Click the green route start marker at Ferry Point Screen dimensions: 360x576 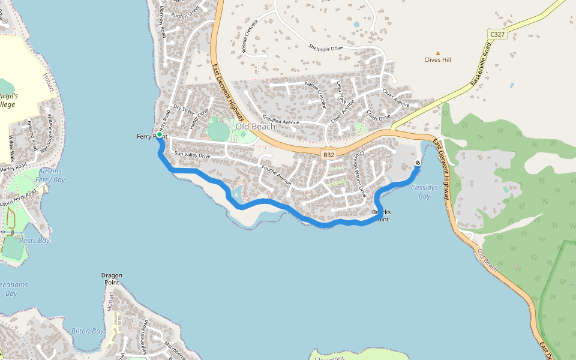(x=160, y=135)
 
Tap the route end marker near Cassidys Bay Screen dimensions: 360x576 (x=418, y=163)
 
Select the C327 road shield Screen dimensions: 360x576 (x=497, y=34)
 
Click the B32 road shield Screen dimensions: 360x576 (x=328, y=155)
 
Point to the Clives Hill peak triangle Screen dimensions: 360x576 (x=437, y=53)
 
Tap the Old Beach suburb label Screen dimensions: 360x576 (x=255, y=127)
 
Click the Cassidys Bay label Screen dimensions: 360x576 (x=425, y=192)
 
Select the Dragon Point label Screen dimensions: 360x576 (x=112, y=280)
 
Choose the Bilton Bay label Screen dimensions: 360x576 (x=88, y=331)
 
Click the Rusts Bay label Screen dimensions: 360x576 (x=34, y=241)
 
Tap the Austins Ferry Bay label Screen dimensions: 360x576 (x=50, y=175)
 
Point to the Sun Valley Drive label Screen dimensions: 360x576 (x=192, y=155)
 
